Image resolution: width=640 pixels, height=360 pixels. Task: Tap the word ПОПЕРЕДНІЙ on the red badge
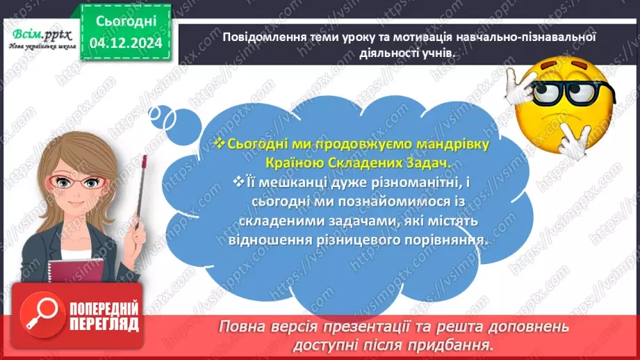click(x=104, y=309)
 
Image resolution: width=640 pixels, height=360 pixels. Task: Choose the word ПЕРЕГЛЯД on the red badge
click(x=104, y=324)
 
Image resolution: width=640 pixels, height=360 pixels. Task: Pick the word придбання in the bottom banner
click(x=462, y=343)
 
